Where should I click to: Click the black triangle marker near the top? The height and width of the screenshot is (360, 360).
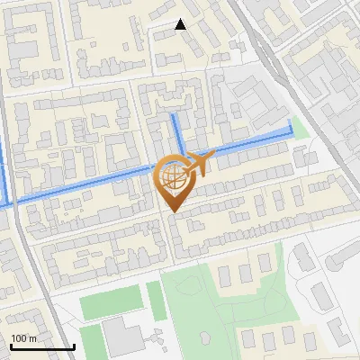coord(180,24)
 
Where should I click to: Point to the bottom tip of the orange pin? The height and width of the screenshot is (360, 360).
coord(171,212)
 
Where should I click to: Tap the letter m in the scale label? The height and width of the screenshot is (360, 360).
coord(32,338)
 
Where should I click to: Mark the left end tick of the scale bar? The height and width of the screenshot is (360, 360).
coord(11,346)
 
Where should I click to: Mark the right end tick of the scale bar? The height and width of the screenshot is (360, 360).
coord(74,346)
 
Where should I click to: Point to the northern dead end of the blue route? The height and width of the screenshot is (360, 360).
coord(174,116)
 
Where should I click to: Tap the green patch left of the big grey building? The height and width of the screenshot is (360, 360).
coord(90,340)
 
